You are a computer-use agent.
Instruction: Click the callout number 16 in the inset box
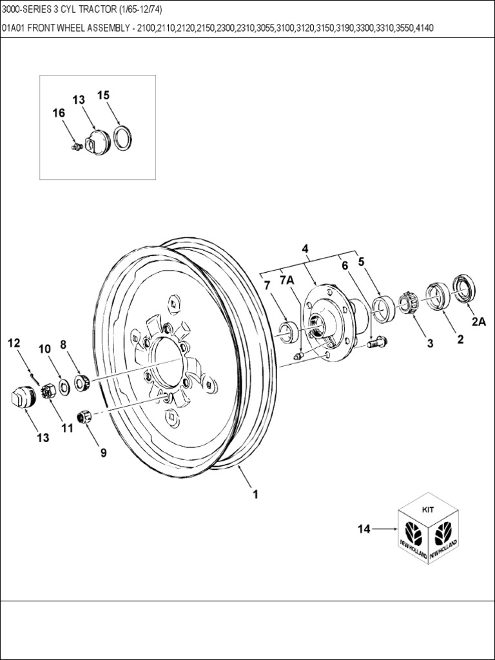click(x=59, y=113)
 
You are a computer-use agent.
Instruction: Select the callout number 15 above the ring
click(x=103, y=95)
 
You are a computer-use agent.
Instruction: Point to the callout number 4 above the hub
click(x=305, y=249)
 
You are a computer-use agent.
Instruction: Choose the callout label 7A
click(x=287, y=280)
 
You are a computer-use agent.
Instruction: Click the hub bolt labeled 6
click(x=376, y=343)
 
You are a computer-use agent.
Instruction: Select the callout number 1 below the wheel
click(x=255, y=494)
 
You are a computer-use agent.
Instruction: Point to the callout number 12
click(x=14, y=344)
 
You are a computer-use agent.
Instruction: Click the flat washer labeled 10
click(x=65, y=387)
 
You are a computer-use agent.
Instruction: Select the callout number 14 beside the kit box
click(x=364, y=529)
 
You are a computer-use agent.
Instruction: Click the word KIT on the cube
click(x=427, y=509)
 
